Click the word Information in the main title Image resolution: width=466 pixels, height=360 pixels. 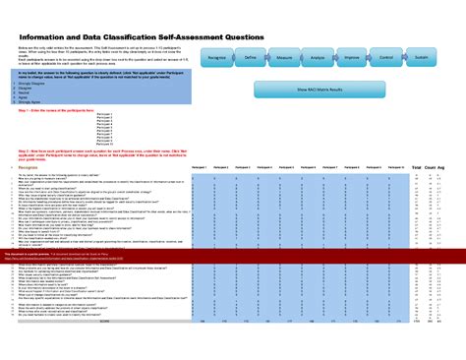click(46, 37)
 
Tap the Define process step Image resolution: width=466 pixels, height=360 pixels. click(252, 60)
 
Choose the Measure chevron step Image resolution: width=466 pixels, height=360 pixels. click(285, 60)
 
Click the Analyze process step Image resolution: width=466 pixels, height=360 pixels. click(318, 60)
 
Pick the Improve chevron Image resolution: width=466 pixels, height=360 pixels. click(351, 60)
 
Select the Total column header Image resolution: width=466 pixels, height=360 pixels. click(417, 168)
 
